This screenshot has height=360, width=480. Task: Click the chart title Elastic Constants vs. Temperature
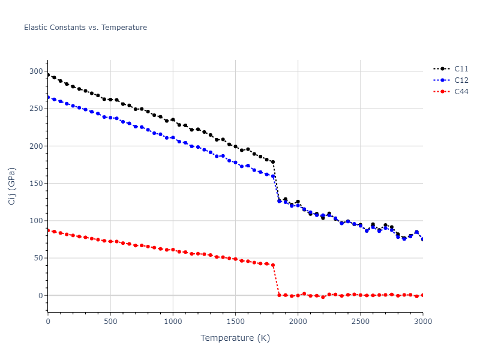85,28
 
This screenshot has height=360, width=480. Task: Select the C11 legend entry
461,69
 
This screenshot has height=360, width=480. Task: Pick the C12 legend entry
461,80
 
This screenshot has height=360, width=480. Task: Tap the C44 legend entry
461,92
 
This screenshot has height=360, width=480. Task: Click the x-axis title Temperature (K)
235,338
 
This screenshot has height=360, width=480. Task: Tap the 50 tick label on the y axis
38,258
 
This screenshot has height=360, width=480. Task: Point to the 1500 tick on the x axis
235,322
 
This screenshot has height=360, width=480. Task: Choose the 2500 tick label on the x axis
360,322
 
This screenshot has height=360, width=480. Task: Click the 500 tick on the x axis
110,322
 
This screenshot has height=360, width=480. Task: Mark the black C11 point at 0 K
48,75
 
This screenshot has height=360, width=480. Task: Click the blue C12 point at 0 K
48,97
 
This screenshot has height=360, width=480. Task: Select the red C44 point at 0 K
48,230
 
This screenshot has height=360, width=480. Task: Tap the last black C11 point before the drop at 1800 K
273,162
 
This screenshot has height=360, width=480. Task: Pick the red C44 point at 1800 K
273,265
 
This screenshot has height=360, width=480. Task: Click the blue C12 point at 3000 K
422,239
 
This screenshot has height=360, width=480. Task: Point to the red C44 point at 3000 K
422,295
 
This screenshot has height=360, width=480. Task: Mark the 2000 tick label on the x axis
298,322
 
